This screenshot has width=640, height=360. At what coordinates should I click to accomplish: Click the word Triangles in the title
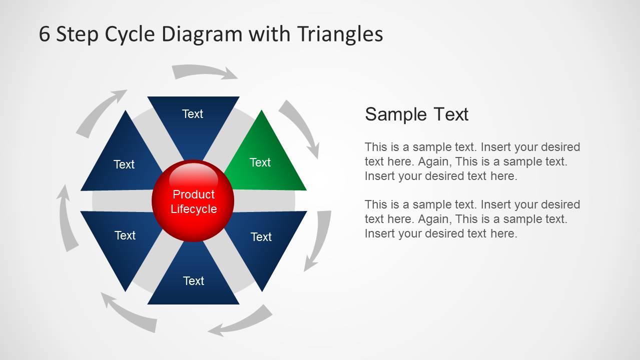coord(340,34)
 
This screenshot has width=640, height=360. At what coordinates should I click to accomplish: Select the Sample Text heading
coord(416,114)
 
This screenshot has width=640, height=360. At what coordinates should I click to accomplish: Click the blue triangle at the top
coord(193,120)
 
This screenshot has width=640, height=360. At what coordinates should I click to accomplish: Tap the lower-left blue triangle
coord(120,240)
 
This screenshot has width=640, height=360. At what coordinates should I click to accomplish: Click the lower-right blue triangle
coord(265,240)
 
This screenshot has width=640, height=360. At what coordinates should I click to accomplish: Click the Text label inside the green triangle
coord(260,162)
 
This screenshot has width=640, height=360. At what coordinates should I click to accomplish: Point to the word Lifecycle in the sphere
coord(194,209)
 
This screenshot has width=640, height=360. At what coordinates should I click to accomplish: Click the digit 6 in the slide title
coord(45,34)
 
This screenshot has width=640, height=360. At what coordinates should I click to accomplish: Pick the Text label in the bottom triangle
coord(194,281)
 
